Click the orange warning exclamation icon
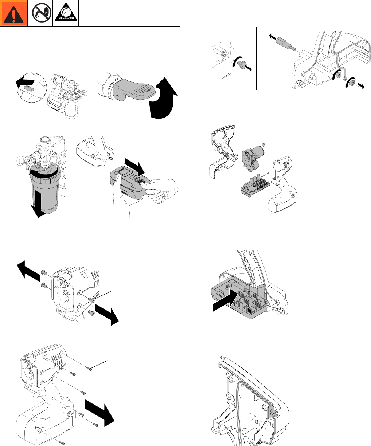14,13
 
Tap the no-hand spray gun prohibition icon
42,13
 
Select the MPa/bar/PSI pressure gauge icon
66,12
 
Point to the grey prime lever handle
133,89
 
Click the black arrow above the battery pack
134,167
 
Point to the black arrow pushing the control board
225,300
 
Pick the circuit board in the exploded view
255,185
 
